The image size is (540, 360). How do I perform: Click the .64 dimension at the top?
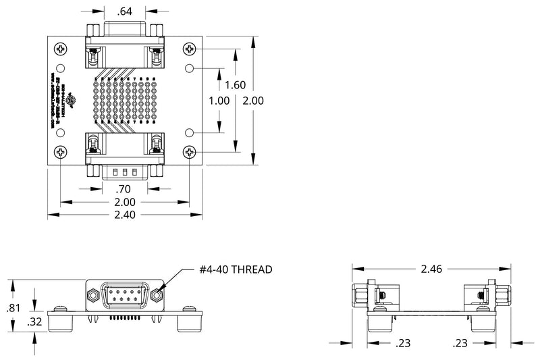[x=124, y=11]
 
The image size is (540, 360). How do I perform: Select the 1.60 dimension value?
[x=235, y=85]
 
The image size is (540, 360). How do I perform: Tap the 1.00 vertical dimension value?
[x=220, y=100]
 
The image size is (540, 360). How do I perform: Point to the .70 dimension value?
[x=124, y=189]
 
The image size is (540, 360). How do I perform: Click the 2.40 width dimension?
[x=125, y=215]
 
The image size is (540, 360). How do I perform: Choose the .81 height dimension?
[x=13, y=308]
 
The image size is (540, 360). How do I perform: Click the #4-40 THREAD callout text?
[x=236, y=269]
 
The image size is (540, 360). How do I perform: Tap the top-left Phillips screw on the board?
[x=61, y=49]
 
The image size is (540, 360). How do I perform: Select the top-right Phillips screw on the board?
[x=189, y=49]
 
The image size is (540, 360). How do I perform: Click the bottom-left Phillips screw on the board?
[x=61, y=152]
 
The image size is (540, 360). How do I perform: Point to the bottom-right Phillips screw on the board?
[x=189, y=152]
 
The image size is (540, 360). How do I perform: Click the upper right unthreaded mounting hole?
[x=189, y=68]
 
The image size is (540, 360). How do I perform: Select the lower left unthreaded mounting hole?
[x=61, y=132]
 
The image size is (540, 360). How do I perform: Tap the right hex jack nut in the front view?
[x=159, y=295]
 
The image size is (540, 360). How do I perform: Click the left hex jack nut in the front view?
[x=91, y=295]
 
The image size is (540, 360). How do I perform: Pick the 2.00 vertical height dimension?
[x=252, y=100]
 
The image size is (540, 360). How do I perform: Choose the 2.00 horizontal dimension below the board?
[x=125, y=202]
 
